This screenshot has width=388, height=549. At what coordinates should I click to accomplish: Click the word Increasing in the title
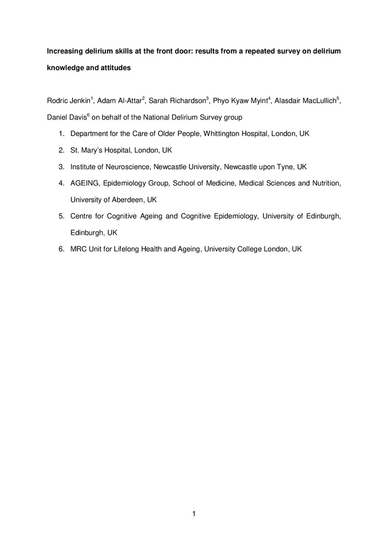(x=65, y=51)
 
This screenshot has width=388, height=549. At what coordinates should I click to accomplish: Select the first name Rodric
(x=58, y=100)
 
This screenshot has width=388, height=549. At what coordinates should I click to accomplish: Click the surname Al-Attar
(x=130, y=100)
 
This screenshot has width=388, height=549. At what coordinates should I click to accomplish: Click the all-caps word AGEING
(x=84, y=183)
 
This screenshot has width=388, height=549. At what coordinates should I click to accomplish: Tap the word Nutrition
(x=325, y=183)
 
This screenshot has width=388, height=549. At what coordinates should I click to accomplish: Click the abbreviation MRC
(x=80, y=249)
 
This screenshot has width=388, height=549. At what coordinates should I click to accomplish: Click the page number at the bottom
(x=194, y=514)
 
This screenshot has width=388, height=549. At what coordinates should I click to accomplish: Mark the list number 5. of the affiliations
(x=61, y=216)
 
